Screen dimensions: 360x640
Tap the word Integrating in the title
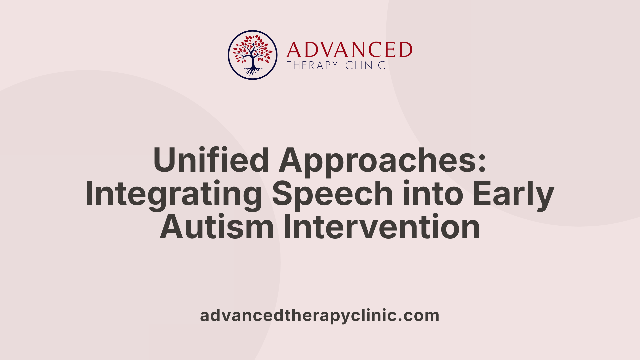click(x=174, y=194)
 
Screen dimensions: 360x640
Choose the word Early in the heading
click(x=513, y=194)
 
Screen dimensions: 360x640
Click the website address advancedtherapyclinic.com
click(x=320, y=315)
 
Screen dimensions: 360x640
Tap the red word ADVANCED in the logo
click(x=349, y=50)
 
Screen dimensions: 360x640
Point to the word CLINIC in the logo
click(x=366, y=65)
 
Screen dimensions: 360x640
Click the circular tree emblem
click(x=253, y=55)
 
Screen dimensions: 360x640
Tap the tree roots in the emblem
click(x=253, y=71)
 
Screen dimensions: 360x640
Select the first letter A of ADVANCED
click(x=293, y=50)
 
